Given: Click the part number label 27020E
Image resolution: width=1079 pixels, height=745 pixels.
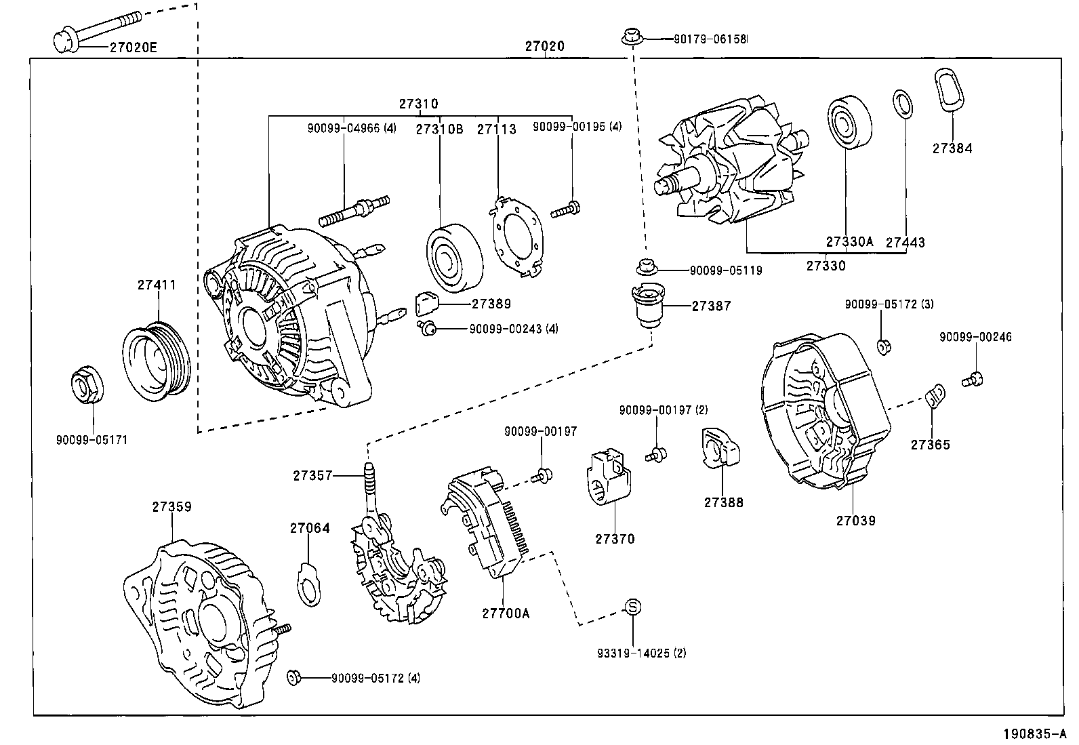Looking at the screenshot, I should click(x=133, y=47).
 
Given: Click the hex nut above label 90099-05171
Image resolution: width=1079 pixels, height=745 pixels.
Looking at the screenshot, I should click(x=87, y=386).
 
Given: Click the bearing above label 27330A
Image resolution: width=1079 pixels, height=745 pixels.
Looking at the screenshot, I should click(x=850, y=125).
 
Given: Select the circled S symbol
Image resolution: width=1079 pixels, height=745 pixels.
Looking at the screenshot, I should click(x=632, y=607).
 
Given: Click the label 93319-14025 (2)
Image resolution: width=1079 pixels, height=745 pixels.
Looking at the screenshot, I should click(x=641, y=653).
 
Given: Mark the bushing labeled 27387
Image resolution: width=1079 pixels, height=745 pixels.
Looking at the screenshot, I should click(x=647, y=306).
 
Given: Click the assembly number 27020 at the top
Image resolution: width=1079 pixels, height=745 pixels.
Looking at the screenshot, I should click(x=544, y=47).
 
